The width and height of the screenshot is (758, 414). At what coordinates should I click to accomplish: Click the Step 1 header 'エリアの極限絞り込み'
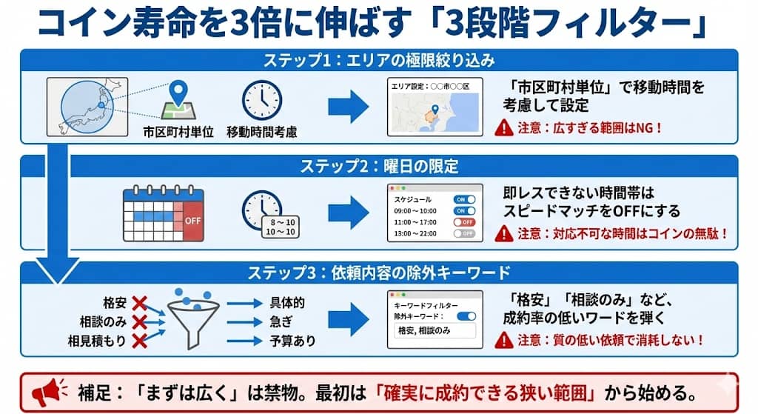click(x=378, y=60)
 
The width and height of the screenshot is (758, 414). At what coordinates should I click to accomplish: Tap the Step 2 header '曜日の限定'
click(x=378, y=166)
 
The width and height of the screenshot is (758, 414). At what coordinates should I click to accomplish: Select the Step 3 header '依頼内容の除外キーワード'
click(x=378, y=273)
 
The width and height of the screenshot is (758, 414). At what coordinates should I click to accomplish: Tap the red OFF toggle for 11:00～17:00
click(x=465, y=221)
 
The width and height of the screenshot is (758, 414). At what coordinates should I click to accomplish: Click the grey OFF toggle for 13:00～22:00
click(x=465, y=233)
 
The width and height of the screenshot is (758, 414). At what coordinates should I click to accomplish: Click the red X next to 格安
click(x=138, y=303)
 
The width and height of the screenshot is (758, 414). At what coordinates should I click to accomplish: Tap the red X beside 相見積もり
click(x=138, y=341)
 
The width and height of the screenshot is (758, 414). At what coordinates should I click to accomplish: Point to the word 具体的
click(x=288, y=303)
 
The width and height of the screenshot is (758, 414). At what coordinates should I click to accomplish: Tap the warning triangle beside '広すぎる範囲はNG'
click(x=505, y=128)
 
